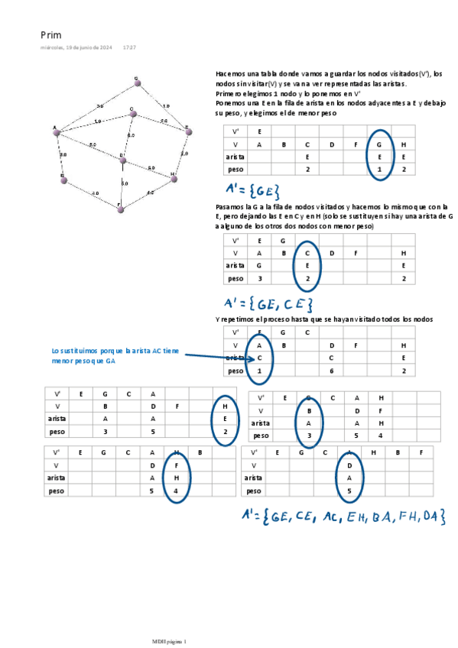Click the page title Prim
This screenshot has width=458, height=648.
pyautogui.click(x=50, y=35)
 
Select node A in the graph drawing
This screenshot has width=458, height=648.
pyautogui.click(x=56, y=132)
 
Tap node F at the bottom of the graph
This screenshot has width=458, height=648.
pyautogui.click(x=120, y=207)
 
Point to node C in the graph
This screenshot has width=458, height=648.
pyautogui.click(x=133, y=114)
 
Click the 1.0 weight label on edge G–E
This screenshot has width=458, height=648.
pyautogui.click(x=166, y=105)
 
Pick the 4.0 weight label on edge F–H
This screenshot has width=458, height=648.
pyautogui.click(x=150, y=193)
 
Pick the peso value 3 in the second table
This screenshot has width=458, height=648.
pyautogui.click(x=259, y=279)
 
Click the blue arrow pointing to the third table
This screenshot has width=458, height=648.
pyautogui.click(x=214, y=356)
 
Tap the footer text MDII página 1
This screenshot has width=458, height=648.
pyautogui.click(x=168, y=640)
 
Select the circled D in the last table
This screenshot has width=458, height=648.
pyautogui.click(x=349, y=465)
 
